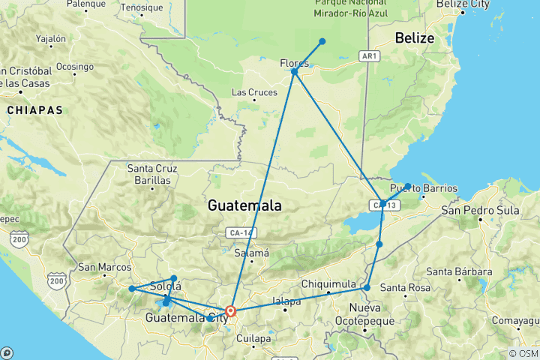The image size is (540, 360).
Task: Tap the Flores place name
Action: coord(295,62)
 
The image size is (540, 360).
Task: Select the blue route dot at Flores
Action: coord(295,72)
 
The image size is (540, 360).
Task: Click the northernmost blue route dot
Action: coord(322,41)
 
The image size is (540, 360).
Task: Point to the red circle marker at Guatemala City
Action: coord(231,310)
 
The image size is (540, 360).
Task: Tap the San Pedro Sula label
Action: coord(480,210)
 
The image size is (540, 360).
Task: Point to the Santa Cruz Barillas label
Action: coord(151,174)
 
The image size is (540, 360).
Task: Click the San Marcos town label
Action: coord(104,267)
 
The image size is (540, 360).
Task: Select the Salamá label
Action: coord(253,253)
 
